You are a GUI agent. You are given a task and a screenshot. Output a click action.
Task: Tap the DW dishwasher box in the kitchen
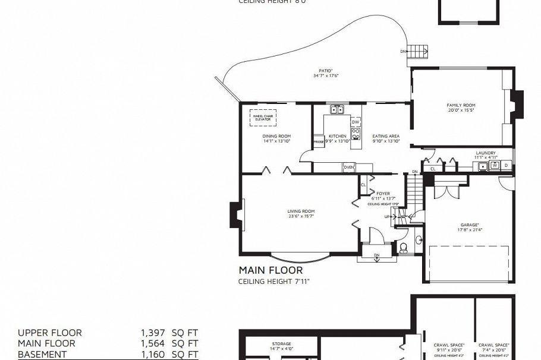(x=356, y=122)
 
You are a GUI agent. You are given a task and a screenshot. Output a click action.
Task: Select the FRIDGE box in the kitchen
(x=319, y=143)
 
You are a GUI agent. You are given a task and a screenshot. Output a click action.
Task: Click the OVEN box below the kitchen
(x=349, y=168)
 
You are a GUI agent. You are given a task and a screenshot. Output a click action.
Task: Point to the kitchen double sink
(x=337, y=109)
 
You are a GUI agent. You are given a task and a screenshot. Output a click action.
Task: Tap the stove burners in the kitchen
(x=356, y=134)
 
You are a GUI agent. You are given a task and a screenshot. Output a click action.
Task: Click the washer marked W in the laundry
(x=494, y=165)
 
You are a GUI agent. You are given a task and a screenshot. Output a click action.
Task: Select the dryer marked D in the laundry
(x=506, y=165)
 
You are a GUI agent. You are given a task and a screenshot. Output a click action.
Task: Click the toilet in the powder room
(x=404, y=247)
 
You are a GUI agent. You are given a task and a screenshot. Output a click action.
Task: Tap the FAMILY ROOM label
(x=461, y=105)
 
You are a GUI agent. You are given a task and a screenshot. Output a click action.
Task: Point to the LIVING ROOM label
(x=301, y=211)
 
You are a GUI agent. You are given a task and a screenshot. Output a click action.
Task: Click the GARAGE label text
(x=469, y=225)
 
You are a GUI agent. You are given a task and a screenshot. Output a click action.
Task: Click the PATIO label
(x=325, y=71)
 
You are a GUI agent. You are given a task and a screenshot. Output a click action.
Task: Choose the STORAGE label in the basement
(x=282, y=344)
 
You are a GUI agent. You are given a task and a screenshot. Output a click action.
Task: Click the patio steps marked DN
(x=420, y=52)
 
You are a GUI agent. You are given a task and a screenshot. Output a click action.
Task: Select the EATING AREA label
(x=386, y=136)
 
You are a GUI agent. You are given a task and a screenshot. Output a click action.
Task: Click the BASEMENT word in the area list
(x=42, y=355)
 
